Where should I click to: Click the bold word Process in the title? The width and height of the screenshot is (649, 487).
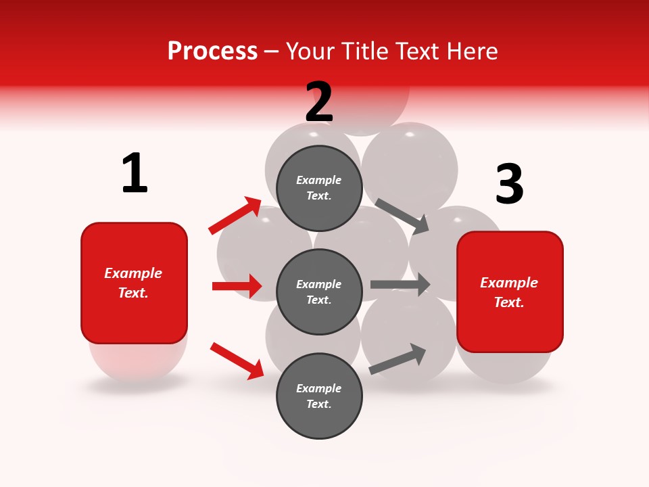tap(212, 51)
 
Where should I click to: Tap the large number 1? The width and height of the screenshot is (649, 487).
tap(135, 173)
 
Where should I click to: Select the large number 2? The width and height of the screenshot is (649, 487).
tap(319, 102)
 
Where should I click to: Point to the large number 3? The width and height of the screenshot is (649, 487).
tap(509, 185)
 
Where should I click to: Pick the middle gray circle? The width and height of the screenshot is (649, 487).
tap(319, 292)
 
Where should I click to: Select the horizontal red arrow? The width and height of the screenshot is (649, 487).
tap(237, 286)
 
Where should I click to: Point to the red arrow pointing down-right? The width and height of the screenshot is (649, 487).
tap(237, 360)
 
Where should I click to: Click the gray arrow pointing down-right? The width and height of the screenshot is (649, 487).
tap(402, 216)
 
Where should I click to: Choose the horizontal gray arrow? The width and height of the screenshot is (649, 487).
tap(400, 285)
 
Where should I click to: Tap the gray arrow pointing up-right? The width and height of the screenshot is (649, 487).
tap(398, 359)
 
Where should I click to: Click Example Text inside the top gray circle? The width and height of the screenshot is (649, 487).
tap(319, 188)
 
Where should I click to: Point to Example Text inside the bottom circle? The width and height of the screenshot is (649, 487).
tap(319, 396)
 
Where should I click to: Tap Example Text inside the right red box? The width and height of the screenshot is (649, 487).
tap(509, 292)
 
